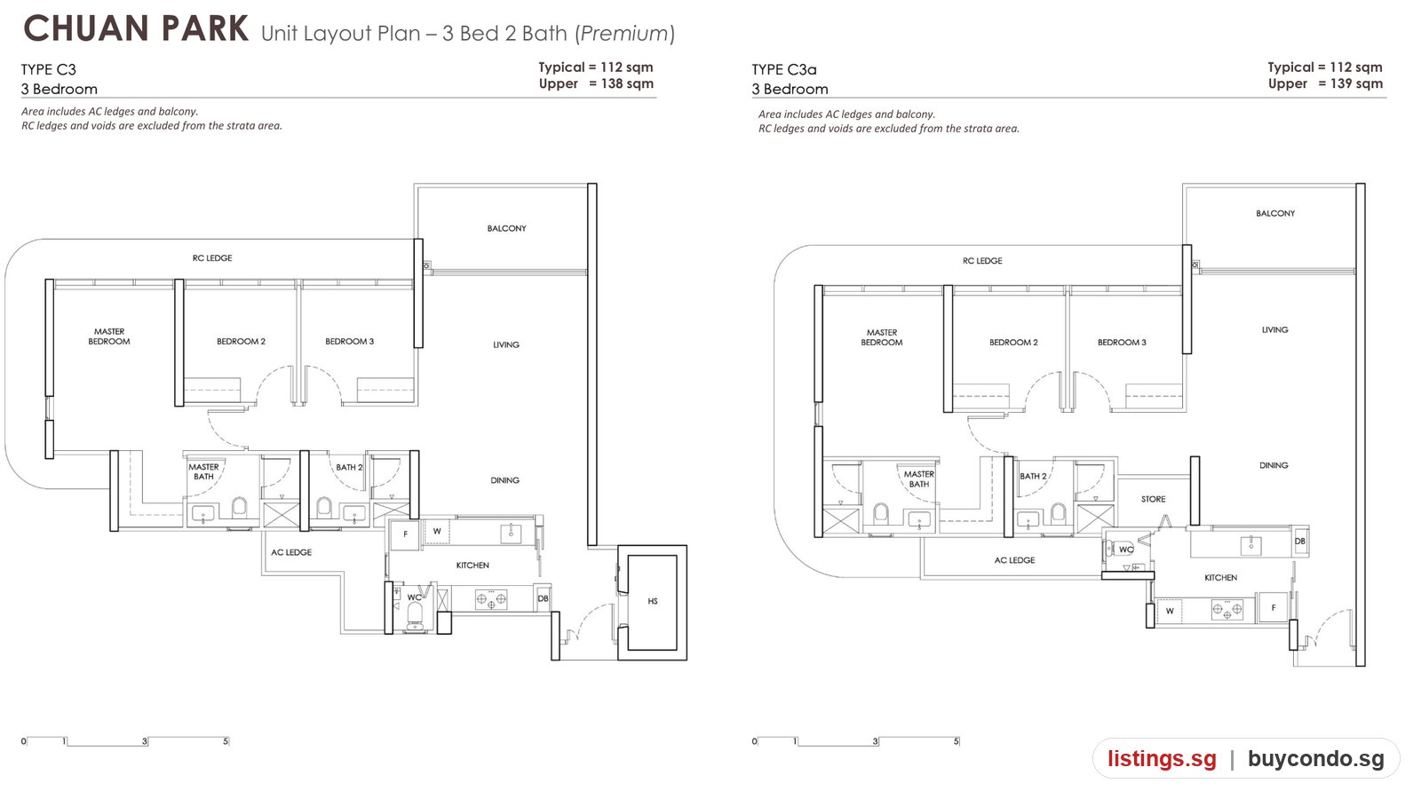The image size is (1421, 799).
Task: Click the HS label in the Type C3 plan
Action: pyautogui.click(x=653, y=601)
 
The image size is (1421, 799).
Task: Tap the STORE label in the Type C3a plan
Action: pyautogui.click(x=1154, y=499)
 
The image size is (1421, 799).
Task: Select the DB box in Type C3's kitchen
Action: pyautogui.click(x=543, y=598)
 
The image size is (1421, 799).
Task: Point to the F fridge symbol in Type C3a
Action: pyautogui.click(x=1274, y=608)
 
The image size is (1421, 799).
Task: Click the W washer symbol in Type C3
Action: pyautogui.click(x=437, y=532)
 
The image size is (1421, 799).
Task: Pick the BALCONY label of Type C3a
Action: pyautogui.click(x=1275, y=214)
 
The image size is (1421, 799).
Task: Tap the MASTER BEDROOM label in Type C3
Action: pyautogui.click(x=109, y=336)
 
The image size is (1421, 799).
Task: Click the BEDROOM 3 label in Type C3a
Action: pyautogui.click(x=1122, y=343)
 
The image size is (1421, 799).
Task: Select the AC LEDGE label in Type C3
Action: pyautogui.click(x=291, y=552)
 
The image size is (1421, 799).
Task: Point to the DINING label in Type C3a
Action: pyautogui.click(x=1274, y=465)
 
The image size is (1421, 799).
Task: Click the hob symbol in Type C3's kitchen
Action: pyautogui.click(x=491, y=599)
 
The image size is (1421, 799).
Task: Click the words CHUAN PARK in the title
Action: pyautogui.click(x=136, y=29)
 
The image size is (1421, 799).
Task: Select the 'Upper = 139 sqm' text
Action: pyautogui.click(x=1325, y=83)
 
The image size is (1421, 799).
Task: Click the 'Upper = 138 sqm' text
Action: pyautogui.click(x=596, y=83)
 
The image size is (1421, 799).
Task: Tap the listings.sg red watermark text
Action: pyautogui.click(x=1163, y=758)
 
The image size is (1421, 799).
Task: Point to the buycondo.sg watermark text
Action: pyautogui.click(x=1315, y=758)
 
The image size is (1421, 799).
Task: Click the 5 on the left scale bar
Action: pyautogui.click(x=226, y=741)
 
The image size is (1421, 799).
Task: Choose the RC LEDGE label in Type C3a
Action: pyautogui.click(x=982, y=261)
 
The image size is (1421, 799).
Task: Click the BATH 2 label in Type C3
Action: pyautogui.click(x=350, y=467)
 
